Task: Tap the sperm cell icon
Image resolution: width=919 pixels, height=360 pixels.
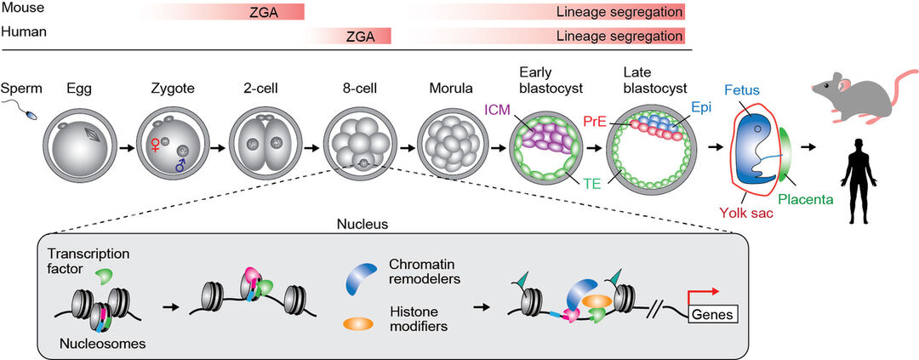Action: [x=18, y=110]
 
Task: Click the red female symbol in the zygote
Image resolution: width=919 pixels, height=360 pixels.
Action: [x=156, y=146]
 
